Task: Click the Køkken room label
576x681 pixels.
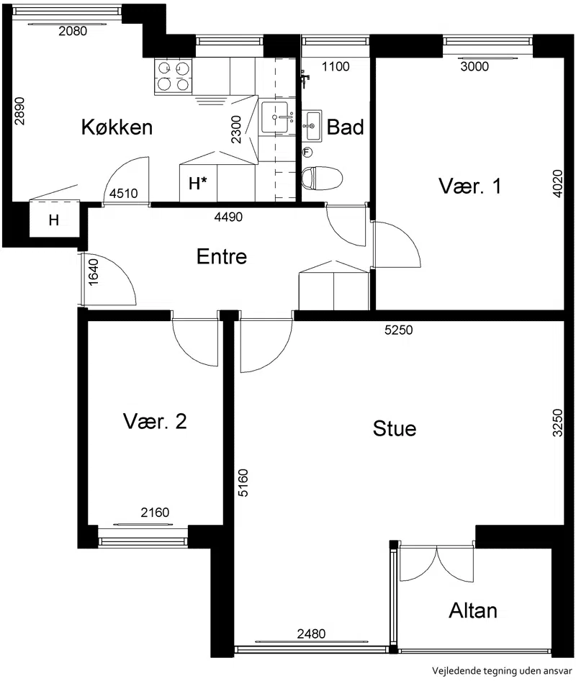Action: (117, 127)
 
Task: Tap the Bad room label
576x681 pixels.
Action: (345, 127)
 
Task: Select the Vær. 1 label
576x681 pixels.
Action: (470, 186)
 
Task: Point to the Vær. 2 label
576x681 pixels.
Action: (155, 421)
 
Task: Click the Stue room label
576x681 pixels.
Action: (395, 428)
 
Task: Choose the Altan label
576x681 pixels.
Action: (472, 610)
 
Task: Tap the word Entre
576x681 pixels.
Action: (222, 256)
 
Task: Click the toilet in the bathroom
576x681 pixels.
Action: (322, 179)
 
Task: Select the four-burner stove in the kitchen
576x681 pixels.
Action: (174, 77)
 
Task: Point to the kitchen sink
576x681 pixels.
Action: (274, 117)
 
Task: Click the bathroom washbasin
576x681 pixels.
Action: (312, 126)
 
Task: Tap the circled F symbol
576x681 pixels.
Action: (307, 153)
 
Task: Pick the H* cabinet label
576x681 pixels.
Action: (198, 184)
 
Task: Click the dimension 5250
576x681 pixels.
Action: (398, 330)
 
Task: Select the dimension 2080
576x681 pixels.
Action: (73, 31)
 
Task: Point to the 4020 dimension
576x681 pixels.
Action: (558, 184)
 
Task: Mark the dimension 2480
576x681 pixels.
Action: (311, 634)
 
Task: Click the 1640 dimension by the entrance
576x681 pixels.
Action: (94, 272)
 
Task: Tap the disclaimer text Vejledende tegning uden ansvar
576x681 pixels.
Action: (502, 671)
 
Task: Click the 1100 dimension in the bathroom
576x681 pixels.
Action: (336, 66)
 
